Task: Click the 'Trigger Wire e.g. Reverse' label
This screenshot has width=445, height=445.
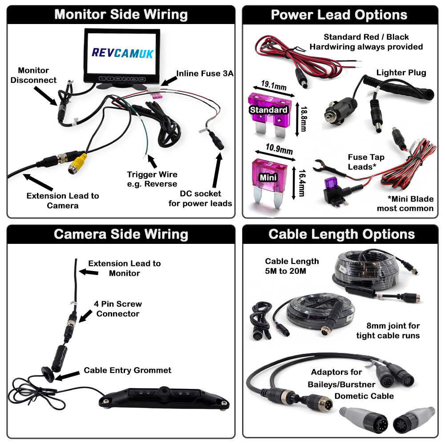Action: pos(152,178)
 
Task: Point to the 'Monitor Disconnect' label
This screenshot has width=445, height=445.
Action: pos(34,75)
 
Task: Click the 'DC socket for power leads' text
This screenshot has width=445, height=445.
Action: pos(200,199)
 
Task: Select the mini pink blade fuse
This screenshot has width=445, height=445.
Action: pos(268,180)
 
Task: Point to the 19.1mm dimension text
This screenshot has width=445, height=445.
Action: pos(273,84)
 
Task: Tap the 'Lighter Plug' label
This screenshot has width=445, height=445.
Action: pos(401,73)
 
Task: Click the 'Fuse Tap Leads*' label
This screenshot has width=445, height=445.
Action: pos(366,162)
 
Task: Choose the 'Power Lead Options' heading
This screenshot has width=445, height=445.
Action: pos(339,14)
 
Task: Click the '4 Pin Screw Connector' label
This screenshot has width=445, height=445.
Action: pos(119,309)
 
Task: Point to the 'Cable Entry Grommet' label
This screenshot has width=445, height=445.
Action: pos(128,370)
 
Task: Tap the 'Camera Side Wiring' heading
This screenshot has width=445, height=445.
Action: pos(121,234)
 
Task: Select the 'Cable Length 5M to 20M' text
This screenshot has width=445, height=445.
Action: pos(292,266)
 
